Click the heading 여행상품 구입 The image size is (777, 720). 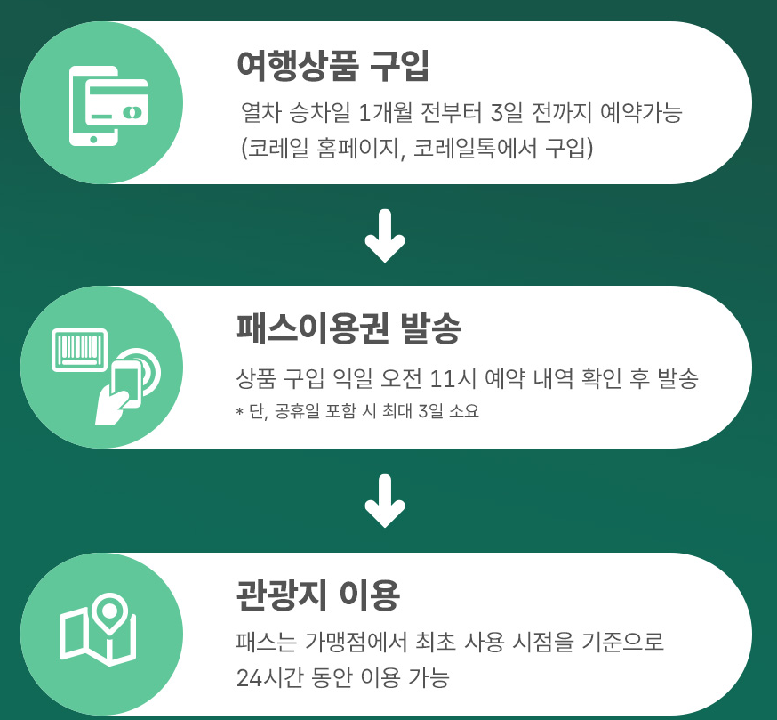(333, 66)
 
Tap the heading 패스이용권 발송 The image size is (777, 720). (348, 328)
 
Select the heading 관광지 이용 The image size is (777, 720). (318, 595)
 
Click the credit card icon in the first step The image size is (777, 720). (117, 102)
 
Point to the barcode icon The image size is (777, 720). (80, 350)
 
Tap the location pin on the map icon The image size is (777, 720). (108, 611)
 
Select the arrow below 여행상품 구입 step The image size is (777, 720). (385, 236)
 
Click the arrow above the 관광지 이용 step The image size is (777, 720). (385, 501)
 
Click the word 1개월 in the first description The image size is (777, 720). (385, 112)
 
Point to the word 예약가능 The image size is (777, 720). (641, 112)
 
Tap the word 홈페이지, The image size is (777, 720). (361, 148)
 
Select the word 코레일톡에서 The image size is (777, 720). (475, 148)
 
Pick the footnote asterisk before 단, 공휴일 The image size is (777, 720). (240, 412)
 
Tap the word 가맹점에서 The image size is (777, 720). (356, 642)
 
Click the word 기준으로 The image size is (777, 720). (622, 642)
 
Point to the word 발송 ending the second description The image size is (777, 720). (677, 379)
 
